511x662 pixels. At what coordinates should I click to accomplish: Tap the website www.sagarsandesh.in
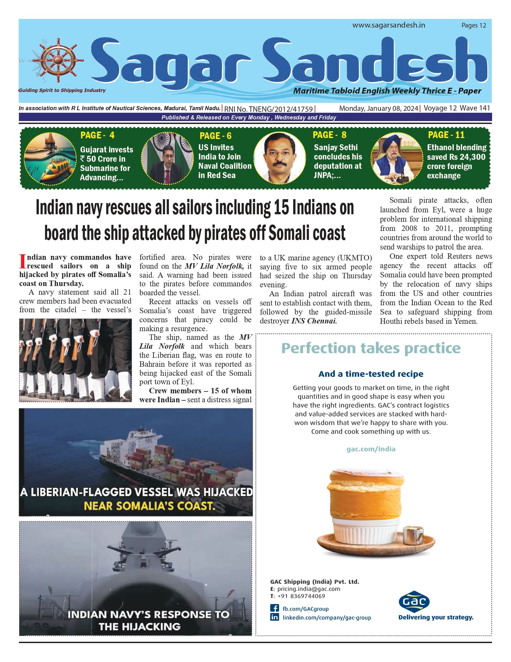389,25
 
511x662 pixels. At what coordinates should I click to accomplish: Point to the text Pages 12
474,26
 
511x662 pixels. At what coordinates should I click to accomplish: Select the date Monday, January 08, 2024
378,108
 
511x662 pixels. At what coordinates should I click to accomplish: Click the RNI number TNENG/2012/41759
268,109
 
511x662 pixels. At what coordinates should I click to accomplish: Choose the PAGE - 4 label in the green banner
97,135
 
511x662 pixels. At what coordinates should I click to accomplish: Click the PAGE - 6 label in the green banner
215,136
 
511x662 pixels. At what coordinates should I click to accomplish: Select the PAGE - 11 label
446,135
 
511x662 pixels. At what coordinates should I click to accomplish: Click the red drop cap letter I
22,262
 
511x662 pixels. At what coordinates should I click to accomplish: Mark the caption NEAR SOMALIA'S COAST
149,506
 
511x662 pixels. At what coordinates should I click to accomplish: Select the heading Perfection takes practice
371,348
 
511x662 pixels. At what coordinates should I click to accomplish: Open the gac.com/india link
371,449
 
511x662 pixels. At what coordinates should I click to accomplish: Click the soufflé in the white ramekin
366,500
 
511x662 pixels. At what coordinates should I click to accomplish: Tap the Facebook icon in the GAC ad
275,608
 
